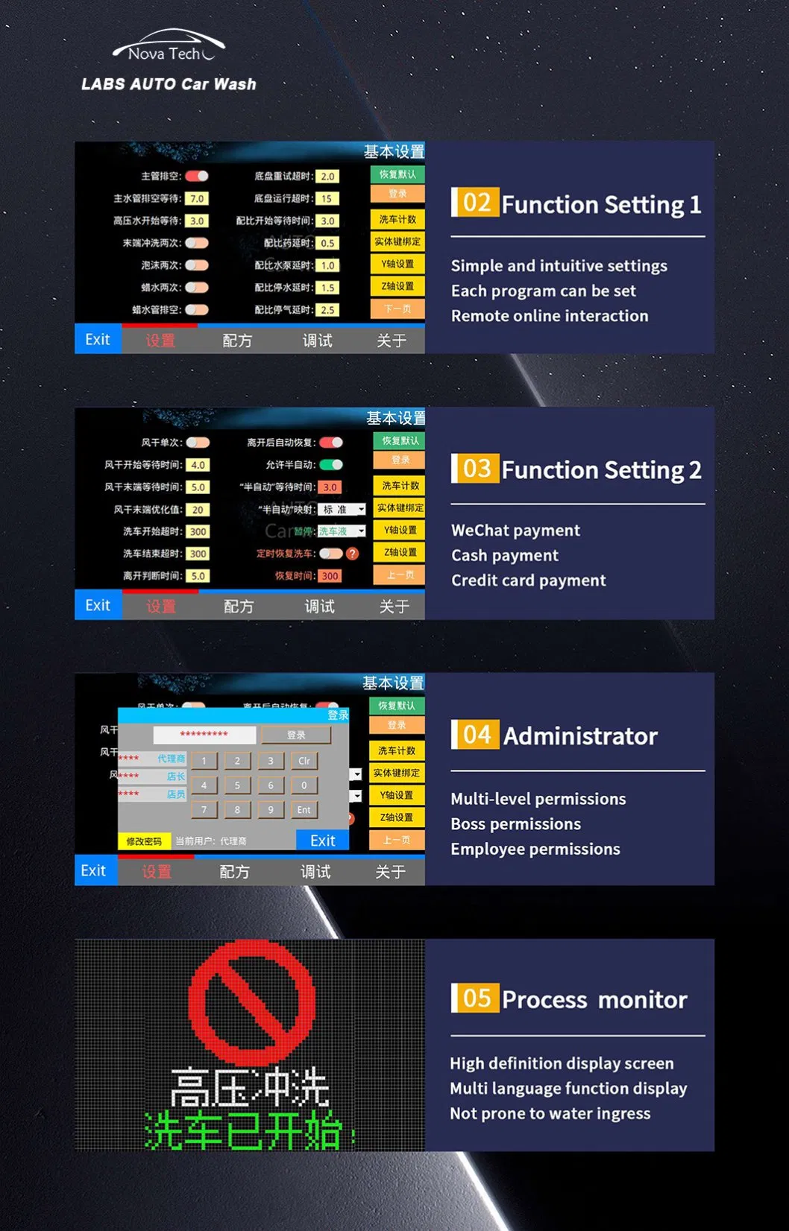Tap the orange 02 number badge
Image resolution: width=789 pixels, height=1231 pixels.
click(x=476, y=203)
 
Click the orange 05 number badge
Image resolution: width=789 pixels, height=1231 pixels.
click(x=476, y=998)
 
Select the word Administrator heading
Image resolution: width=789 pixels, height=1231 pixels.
click(x=580, y=736)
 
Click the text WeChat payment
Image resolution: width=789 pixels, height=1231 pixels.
click(x=515, y=531)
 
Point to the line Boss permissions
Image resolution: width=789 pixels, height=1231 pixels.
click(x=515, y=824)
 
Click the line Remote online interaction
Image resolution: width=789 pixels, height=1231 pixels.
click(x=550, y=316)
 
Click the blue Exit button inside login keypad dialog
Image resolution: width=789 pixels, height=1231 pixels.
click(x=322, y=841)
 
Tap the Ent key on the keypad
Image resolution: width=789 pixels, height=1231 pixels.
click(x=304, y=810)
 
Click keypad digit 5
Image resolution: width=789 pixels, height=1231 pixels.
click(x=237, y=785)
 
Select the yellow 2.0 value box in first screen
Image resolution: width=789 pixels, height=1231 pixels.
click(x=327, y=177)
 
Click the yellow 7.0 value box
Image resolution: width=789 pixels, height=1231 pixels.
click(x=197, y=199)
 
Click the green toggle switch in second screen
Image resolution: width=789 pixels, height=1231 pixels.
click(x=331, y=465)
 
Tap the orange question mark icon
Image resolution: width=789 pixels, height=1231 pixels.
click(x=353, y=554)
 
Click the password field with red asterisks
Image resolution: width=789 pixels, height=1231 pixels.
click(x=204, y=735)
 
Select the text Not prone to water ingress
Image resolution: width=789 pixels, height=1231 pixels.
click(x=550, y=1114)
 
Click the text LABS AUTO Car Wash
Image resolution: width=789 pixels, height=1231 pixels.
click(x=169, y=84)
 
